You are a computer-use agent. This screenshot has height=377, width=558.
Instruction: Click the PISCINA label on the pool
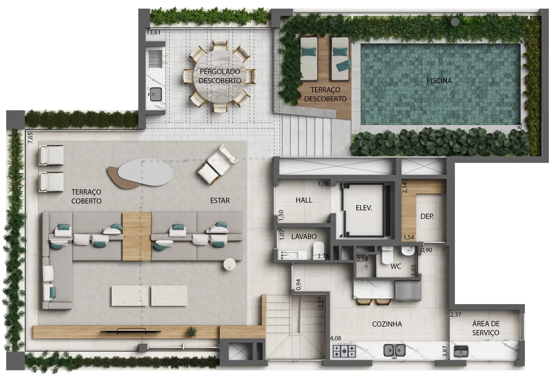[439, 81]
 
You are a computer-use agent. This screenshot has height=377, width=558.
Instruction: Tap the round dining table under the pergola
[220, 76]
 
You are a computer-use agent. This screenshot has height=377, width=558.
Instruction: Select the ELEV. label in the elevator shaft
[364, 208]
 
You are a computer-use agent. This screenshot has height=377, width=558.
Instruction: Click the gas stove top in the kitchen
[344, 351]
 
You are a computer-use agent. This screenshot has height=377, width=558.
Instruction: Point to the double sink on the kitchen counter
[394, 350]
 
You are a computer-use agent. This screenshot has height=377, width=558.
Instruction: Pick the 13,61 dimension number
[153, 32]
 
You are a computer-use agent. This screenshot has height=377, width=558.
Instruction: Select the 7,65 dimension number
[30, 138]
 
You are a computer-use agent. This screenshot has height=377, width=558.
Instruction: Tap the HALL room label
[304, 200]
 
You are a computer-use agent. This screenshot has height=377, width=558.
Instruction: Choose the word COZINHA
[387, 324]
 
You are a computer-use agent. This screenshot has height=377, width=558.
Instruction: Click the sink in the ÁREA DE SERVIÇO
[461, 351]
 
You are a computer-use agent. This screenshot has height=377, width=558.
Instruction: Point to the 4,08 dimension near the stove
[335, 338]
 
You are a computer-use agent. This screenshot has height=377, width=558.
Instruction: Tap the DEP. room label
[427, 216]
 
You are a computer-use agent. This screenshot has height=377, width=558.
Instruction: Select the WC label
[396, 266]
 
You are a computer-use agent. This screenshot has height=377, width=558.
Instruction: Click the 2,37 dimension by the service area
[456, 314]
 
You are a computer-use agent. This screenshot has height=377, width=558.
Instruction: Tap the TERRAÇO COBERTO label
[86, 196]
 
